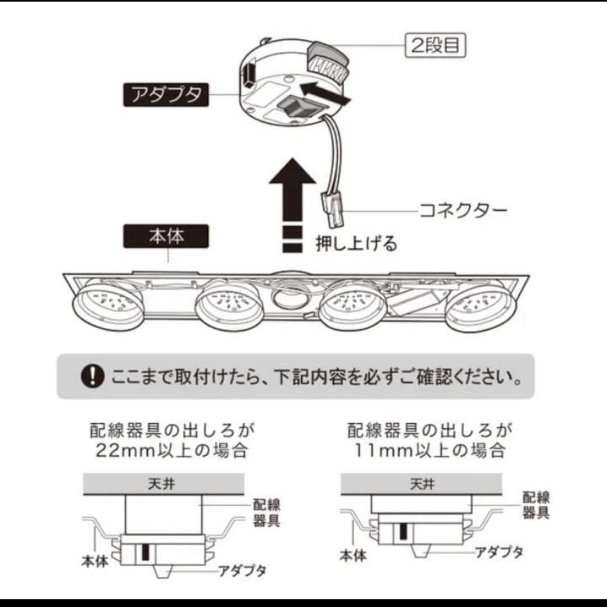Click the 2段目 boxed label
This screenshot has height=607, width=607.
coord(436,46)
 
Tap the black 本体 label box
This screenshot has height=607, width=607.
coord(166,237)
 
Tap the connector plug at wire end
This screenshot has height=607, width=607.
coord(333,209)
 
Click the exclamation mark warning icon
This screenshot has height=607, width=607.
coord(93,376)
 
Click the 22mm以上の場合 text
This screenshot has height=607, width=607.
coord(171,450)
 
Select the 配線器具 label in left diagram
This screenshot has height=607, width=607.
coord(266,513)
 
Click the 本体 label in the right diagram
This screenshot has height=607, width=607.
coord(354,556)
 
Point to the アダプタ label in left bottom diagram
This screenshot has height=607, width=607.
coord(242,572)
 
